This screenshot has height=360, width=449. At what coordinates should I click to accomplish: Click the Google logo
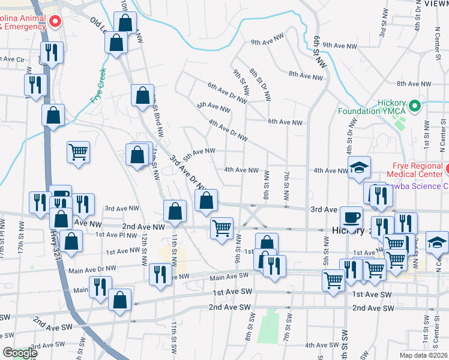19,353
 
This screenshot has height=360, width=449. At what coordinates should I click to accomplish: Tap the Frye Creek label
99,86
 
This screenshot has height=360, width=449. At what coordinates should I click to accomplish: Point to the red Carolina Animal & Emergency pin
55,22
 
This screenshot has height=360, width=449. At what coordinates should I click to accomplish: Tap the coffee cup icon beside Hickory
351,216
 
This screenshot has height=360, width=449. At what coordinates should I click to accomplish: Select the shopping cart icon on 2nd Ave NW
222,228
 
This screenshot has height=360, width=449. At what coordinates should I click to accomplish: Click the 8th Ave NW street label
306,75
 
